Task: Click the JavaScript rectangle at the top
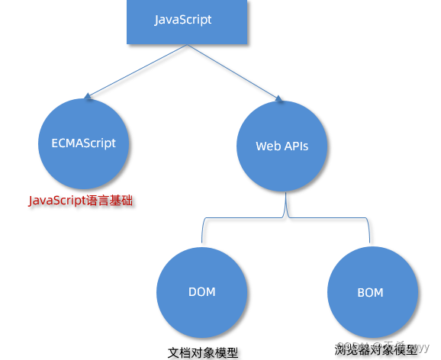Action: pos(182,21)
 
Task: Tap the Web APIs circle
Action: pos(282,146)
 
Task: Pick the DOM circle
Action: pos(201,293)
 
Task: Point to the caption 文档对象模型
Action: pos(203,353)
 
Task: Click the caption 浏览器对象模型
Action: pos(376,349)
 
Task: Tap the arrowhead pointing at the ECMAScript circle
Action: pos(89,97)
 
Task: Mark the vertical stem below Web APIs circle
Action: pos(285,204)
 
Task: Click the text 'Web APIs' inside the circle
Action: pos(282,146)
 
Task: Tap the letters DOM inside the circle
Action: pos(201,292)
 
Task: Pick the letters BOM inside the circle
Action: pos(370,292)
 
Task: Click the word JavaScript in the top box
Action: pos(183,20)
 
